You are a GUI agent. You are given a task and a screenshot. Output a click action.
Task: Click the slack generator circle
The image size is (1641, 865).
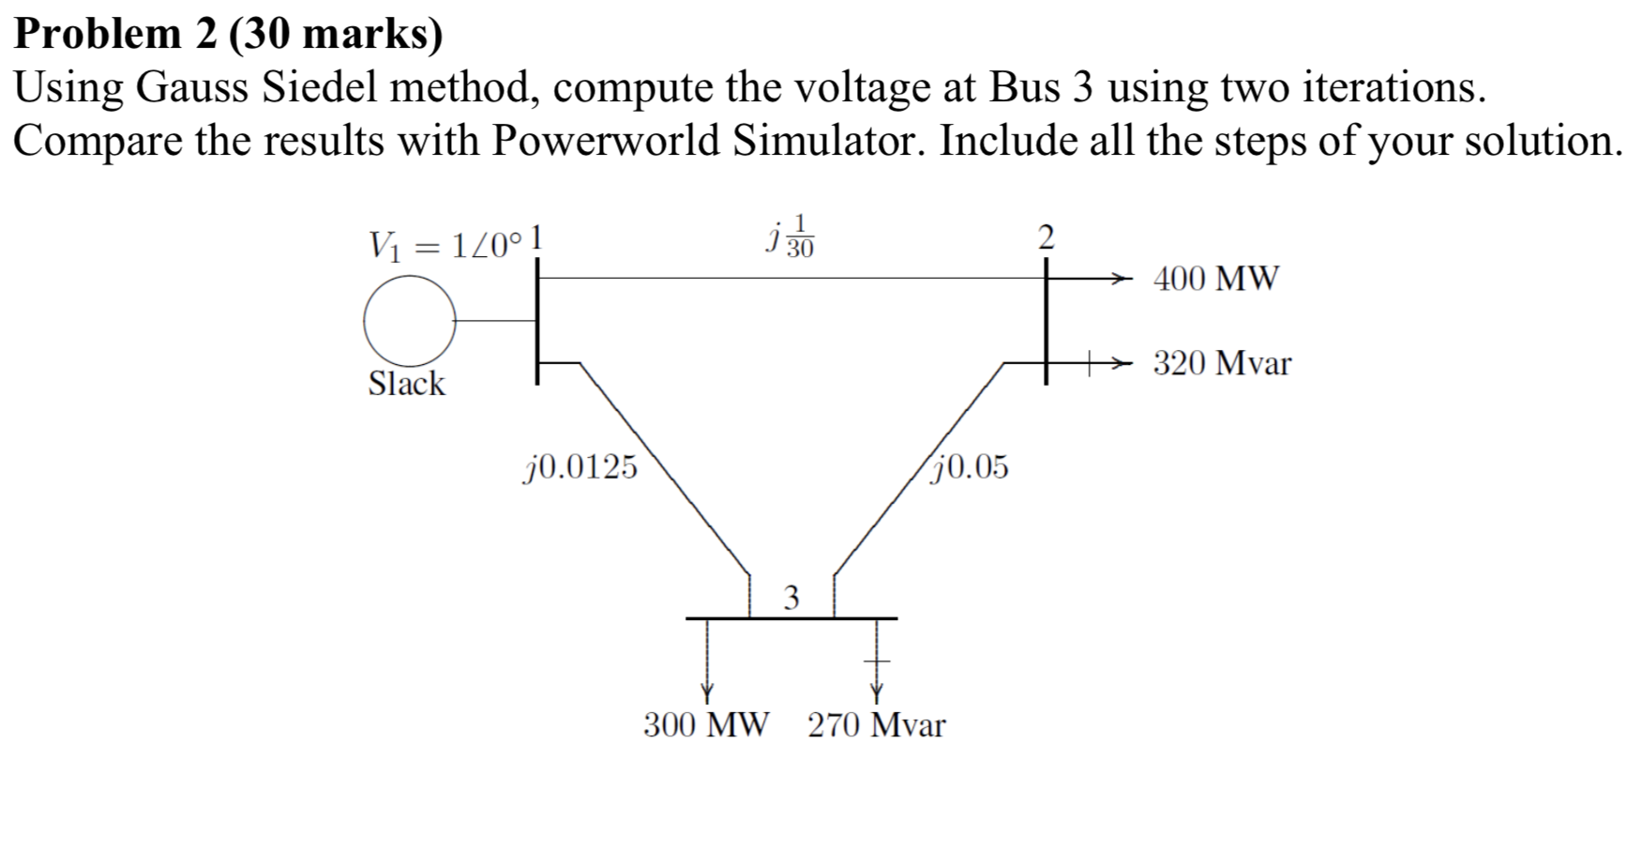pos(410,320)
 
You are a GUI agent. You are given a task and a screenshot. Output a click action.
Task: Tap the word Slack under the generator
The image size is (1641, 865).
pos(406,384)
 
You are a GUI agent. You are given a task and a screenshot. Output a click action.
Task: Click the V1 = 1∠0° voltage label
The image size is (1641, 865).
pos(444,246)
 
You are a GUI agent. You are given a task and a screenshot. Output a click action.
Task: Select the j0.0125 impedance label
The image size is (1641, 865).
pos(580,466)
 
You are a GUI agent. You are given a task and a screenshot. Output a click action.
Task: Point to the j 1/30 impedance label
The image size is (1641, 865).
pos(790,236)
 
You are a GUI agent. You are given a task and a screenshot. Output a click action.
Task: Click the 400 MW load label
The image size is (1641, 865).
pos(1215,279)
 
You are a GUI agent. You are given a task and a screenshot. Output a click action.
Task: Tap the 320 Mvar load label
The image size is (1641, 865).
pos(1222,363)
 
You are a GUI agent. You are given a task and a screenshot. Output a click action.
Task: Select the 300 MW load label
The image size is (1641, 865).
pos(705,725)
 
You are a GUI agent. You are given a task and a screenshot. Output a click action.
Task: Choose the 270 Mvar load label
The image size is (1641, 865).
pos(877,725)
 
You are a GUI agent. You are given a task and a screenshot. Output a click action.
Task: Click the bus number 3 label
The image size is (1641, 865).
pos(791,598)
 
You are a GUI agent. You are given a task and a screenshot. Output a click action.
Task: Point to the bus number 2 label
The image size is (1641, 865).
pos(1046,236)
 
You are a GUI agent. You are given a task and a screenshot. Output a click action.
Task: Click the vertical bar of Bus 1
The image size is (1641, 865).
pos(537,319)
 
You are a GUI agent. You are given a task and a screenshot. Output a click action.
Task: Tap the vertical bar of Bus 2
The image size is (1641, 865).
pos(1047,319)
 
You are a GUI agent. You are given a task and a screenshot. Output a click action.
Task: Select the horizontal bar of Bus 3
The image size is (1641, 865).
pos(791,618)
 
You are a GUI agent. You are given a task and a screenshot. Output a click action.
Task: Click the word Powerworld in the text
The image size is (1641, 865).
pos(609,141)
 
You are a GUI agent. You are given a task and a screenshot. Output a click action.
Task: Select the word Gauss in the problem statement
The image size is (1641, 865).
pos(194,88)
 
